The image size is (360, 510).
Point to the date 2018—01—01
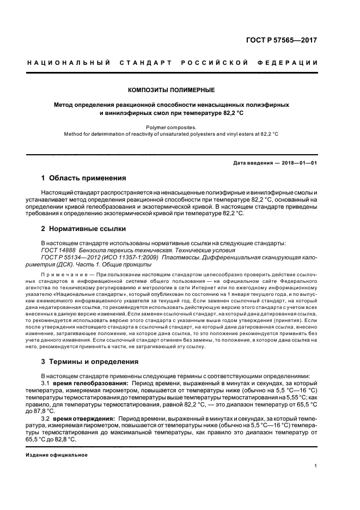(x=299, y=163)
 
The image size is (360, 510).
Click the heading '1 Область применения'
(x=84, y=178)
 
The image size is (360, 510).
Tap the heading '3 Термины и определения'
(x=90, y=362)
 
